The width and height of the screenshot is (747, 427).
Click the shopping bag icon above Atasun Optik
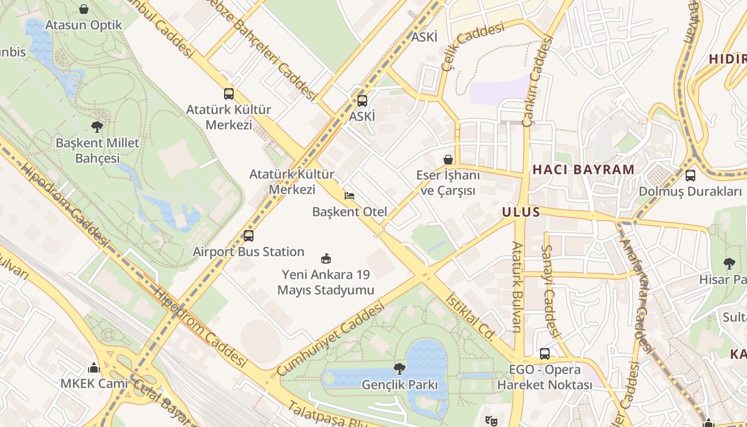(x=84, y=9)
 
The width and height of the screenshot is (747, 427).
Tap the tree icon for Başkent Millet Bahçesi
(x=97, y=127)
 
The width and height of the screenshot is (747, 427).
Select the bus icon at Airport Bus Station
(x=248, y=235)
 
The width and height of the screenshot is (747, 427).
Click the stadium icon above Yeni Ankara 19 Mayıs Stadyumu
(x=326, y=259)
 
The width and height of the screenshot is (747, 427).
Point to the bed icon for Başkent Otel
(x=349, y=196)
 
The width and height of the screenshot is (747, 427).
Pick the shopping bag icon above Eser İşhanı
(x=448, y=160)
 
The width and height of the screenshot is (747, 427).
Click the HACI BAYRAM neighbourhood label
(x=583, y=170)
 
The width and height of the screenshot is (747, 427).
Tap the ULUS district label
(x=521, y=212)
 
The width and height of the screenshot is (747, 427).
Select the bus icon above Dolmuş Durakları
(x=690, y=175)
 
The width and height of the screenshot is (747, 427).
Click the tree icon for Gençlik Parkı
(x=399, y=368)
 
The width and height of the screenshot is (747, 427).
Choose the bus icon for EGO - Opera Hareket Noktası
(x=545, y=353)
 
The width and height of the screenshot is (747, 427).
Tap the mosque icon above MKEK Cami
(x=94, y=368)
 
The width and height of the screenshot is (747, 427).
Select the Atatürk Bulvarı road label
(x=517, y=287)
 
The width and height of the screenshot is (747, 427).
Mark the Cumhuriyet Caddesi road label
(x=330, y=339)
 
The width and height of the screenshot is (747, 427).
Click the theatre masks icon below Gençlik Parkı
(x=491, y=421)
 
